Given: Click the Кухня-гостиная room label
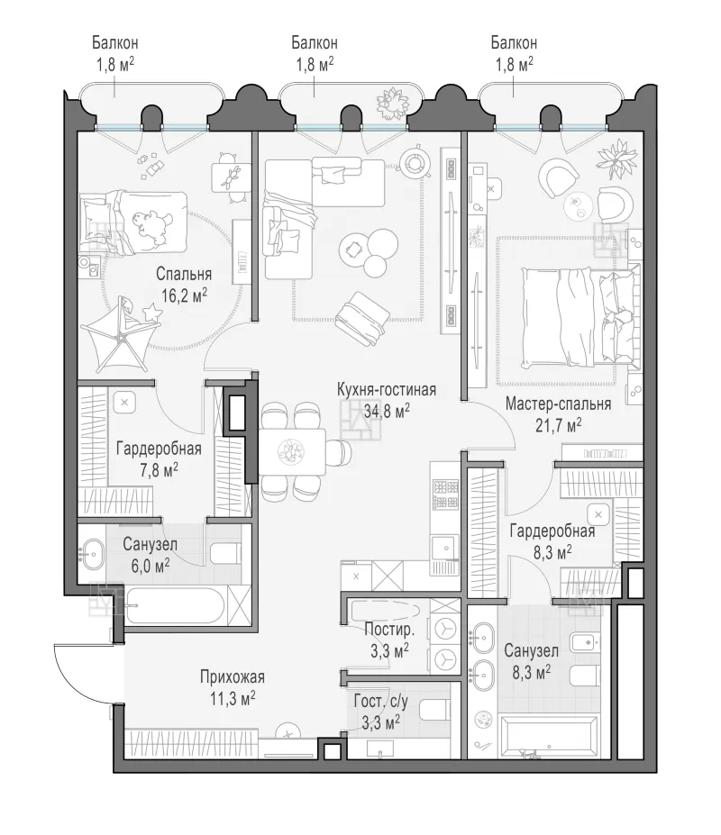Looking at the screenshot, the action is coord(387,390).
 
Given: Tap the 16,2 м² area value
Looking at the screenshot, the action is coord(184,295).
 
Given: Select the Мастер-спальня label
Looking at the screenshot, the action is coord(558,404).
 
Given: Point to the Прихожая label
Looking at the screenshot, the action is coord(233,676).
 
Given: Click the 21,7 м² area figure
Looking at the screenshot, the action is coord(558,425).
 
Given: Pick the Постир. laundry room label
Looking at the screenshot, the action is coord(389,630).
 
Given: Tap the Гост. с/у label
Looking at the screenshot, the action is coord(380,702).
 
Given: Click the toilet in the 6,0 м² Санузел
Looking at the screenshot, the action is coord(226,553).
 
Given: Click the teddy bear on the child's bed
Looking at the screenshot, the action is coord(152,224).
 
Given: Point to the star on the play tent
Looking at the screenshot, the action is coord(152,311).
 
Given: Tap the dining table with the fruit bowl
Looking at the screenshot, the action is coord(292,452).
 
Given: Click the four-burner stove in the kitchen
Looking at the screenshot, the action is coord(446,494).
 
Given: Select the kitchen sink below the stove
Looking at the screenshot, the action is coord(445,548).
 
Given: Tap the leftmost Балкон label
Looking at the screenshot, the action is coord(115,42).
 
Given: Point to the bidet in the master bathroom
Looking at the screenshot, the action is coord(585,643).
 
